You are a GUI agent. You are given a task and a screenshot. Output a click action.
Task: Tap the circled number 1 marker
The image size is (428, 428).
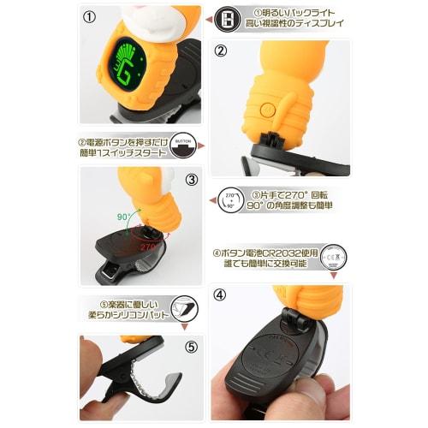(x=90, y=15)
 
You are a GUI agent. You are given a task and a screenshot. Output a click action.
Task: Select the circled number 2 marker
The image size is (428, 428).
(x=220, y=50)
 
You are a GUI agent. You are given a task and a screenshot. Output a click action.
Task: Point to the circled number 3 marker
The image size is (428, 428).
(x=191, y=180)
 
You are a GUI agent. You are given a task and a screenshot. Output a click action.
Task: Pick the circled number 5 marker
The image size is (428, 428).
(x=191, y=348)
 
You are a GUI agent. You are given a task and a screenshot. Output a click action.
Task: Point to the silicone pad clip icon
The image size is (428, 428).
(x=183, y=309)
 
